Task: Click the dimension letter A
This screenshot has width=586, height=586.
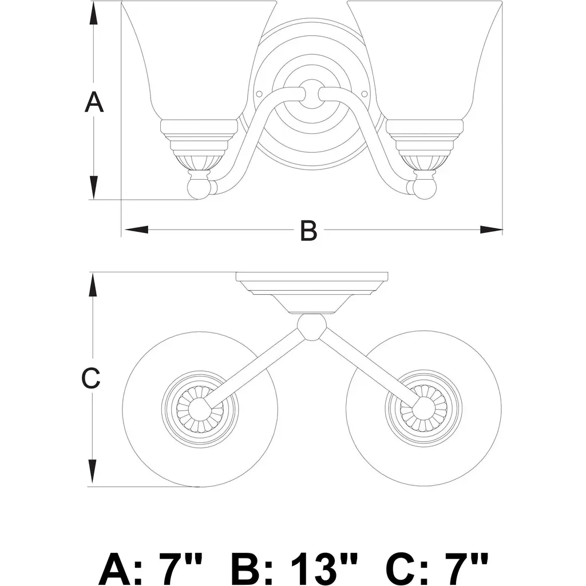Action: click(x=94, y=102)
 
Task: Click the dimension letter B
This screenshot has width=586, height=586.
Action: click(x=308, y=230)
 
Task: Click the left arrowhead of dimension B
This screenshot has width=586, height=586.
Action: click(x=136, y=229)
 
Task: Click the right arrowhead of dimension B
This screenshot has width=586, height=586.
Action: click(x=491, y=229)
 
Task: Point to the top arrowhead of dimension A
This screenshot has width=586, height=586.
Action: click(x=93, y=13)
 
